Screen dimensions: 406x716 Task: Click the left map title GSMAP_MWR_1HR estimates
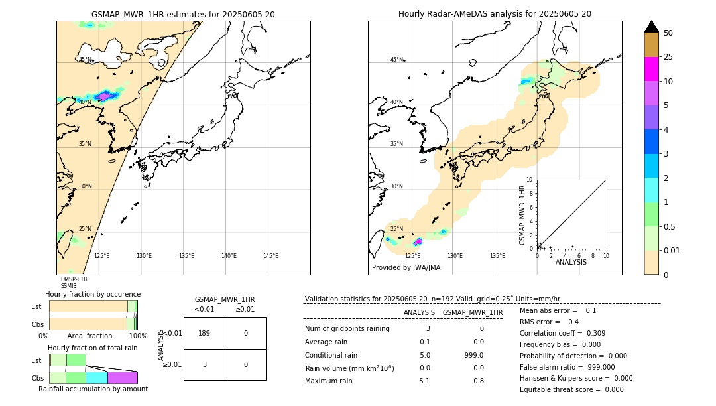[183, 14]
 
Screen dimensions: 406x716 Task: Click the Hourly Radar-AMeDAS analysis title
[495, 14]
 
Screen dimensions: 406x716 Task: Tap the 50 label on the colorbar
[668, 33]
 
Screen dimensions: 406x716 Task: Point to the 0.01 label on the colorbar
[672, 250]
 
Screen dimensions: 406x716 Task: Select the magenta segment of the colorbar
[652, 69]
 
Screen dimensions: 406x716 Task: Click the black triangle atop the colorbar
[652, 27]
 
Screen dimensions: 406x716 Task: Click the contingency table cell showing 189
[204, 333]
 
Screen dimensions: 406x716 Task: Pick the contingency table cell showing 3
[204, 364]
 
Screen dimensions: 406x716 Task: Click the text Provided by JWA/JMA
[406, 268]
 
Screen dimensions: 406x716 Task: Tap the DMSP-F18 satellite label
[74, 279]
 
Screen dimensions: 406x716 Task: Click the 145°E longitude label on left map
[270, 256]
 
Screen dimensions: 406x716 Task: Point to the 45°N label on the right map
[396, 60]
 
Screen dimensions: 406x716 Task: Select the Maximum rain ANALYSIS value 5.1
[424, 381]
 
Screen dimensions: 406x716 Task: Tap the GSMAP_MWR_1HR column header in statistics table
[472, 312]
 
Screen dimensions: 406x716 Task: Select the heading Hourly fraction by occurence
[93, 294]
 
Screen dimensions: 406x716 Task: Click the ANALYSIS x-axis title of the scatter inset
[571, 262]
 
